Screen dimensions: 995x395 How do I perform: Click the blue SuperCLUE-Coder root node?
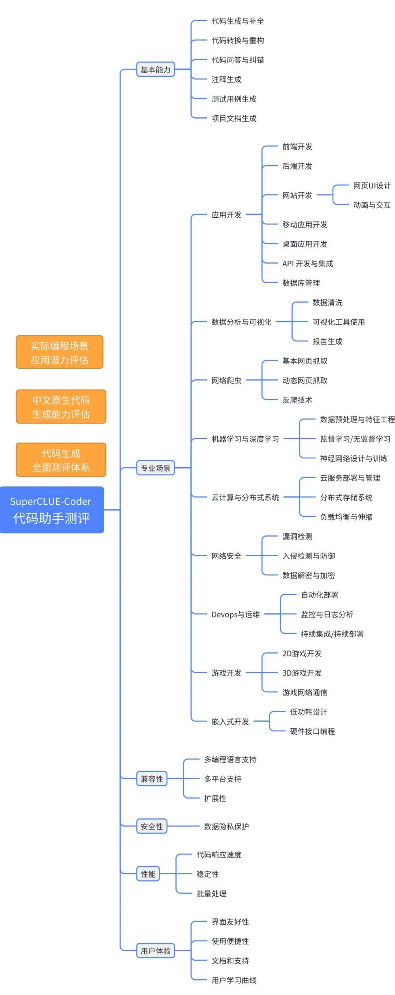(x=52, y=510)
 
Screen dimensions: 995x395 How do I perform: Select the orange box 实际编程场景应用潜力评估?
(x=60, y=352)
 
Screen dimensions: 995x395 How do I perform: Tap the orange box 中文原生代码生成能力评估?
(x=61, y=407)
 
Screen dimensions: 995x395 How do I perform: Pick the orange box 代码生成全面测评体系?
(x=61, y=460)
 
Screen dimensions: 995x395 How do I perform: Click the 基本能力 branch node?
(x=156, y=70)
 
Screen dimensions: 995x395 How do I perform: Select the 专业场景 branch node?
(x=156, y=468)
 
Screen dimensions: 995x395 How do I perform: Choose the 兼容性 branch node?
(x=152, y=779)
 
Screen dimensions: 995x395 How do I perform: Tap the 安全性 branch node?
(x=152, y=826)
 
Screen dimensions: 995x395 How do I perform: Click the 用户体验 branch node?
(x=156, y=951)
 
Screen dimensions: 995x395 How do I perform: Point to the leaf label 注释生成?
(x=226, y=79)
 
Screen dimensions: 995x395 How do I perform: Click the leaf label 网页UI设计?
(x=372, y=185)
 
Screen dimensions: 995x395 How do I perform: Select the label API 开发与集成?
(x=308, y=264)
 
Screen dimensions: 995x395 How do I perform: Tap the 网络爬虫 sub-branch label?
(x=226, y=381)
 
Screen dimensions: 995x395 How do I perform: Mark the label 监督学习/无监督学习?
(x=355, y=439)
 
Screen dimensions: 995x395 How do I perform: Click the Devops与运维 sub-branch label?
(x=235, y=614)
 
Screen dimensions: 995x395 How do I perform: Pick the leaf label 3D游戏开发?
(x=302, y=673)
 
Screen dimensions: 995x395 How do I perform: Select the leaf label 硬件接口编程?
(x=312, y=731)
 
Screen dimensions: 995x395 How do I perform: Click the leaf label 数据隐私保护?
(x=226, y=827)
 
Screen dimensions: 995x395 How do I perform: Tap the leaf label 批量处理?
(x=211, y=893)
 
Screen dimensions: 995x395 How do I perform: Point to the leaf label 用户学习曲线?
(x=234, y=980)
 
